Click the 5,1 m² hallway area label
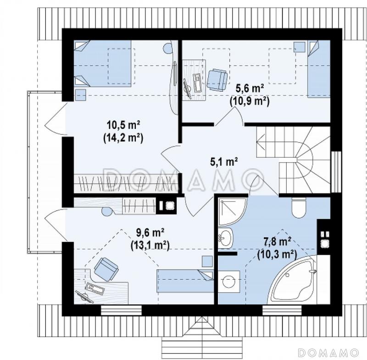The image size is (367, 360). click(224, 161)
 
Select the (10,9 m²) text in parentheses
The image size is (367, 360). click(250, 101)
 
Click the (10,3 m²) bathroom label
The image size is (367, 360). click(277, 254)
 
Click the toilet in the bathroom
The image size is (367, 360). click(299, 207)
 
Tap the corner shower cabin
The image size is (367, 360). click(232, 212)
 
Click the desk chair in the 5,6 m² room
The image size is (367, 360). click(217, 80)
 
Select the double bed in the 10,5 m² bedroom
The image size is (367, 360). click(102, 64)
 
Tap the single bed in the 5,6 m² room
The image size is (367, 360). click(319, 69)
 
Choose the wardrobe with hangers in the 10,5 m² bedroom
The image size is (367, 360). click(127, 183)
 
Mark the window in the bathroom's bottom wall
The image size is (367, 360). click(282, 310)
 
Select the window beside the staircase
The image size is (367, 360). click(337, 172)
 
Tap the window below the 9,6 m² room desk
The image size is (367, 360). click(121, 310)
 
